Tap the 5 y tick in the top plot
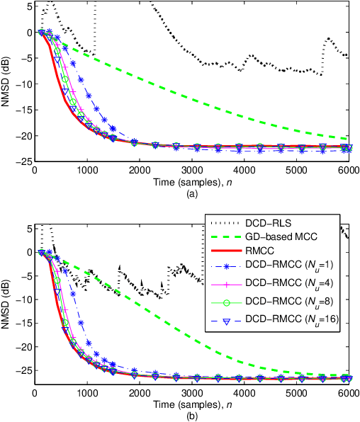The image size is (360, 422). (27, 6)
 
